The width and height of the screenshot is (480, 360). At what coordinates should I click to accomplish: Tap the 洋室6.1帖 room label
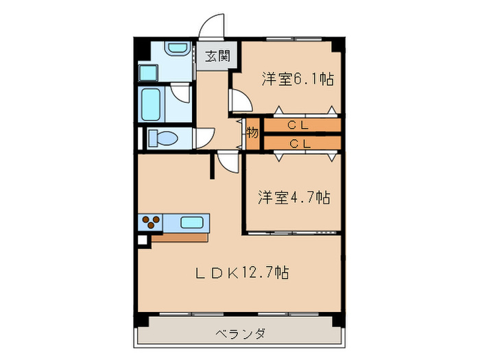click(297, 79)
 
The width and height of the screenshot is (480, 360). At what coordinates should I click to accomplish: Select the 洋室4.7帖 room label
click(294, 197)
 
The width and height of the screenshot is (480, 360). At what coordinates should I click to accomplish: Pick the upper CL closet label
click(298, 125)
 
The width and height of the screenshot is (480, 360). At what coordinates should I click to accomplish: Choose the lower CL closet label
click(298, 143)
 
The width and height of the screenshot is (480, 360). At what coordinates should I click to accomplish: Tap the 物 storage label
click(252, 133)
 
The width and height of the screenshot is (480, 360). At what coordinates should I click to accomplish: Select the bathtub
click(152, 104)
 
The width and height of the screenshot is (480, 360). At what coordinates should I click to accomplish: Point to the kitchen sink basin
click(192, 221)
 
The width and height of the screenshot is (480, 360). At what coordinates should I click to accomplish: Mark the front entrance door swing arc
click(212, 27)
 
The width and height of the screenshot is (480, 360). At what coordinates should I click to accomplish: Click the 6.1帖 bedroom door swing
click(240, 100)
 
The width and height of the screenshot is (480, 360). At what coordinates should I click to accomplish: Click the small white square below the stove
click(143, 240)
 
